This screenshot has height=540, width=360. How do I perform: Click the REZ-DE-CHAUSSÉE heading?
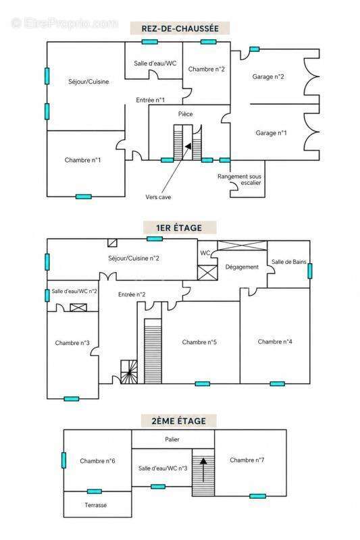click(x=180, y=28)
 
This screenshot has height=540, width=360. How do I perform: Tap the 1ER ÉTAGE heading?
click(x=179, y=227)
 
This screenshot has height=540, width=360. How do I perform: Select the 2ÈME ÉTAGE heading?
click(x=179, y=421)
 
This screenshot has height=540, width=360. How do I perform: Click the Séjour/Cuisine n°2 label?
click(x=134, y=259)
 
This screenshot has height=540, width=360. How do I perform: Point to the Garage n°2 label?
click(x=268, y=76)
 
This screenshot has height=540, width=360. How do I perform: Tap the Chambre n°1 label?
click(x=82, y=160)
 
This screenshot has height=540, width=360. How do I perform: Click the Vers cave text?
click(x=158, y=197)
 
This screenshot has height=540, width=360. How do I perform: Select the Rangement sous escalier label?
click(x=239, y=180)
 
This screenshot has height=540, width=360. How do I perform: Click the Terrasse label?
click(x=95, y=505)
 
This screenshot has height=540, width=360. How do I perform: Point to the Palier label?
click(x=172, y=439)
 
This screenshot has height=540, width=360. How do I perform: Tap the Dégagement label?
click(x=242, y=267)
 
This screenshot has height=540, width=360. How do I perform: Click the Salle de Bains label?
click(x=288, y=262)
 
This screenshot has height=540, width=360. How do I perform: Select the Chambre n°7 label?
click(x=247, y=460)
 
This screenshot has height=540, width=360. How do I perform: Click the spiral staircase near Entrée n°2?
click(x=129, y=372)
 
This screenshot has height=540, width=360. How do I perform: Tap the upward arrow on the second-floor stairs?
click(x=203, y=469)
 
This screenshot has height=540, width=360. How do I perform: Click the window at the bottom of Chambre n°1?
click(x=84, y=196)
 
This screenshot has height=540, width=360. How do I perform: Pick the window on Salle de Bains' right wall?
click(x=310, y=271)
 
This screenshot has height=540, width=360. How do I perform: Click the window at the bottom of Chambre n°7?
click(x=258, y=496)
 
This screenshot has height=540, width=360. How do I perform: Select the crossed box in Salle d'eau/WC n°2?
click(x=78, y=307)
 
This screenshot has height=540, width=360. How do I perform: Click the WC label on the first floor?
click(x=205, y=252)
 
